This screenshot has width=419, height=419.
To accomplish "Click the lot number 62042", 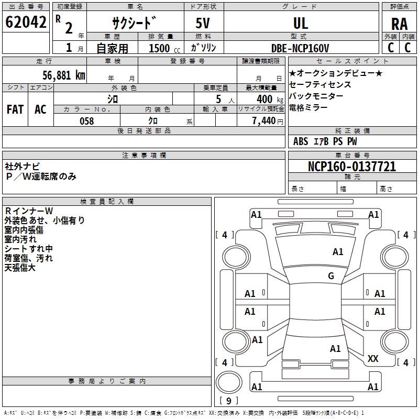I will [x=26, y=23].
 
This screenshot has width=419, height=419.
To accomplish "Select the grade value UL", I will [x=301, y=23].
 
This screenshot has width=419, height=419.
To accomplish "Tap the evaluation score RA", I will [x=399, y=24].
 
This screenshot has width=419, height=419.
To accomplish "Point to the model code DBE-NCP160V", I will [x=301, y=48].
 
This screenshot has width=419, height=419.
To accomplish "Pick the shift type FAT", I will [x=15, y=109].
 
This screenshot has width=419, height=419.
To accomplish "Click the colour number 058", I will [x=86, y=121].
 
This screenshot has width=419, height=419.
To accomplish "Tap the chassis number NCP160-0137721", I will [x=352, y=167].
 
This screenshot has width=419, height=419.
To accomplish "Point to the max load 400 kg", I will [x=267, y=99].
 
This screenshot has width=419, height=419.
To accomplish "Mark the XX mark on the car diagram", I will [x=373, y=359].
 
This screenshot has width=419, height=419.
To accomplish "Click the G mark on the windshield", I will [x=331, y=275].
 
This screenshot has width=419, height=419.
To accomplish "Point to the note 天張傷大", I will [x=20, y=268].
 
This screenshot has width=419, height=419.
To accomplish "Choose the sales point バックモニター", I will [x=316, y=96].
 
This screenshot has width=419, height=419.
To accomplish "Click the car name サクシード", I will [x=135, y=23].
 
